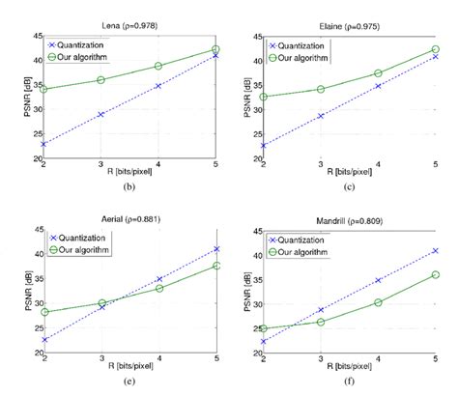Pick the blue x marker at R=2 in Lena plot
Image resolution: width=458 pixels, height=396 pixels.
45,143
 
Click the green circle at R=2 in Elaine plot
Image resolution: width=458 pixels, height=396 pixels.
263,97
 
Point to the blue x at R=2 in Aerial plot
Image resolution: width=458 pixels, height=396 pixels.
45,339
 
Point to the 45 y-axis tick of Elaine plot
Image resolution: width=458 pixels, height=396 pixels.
253,37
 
